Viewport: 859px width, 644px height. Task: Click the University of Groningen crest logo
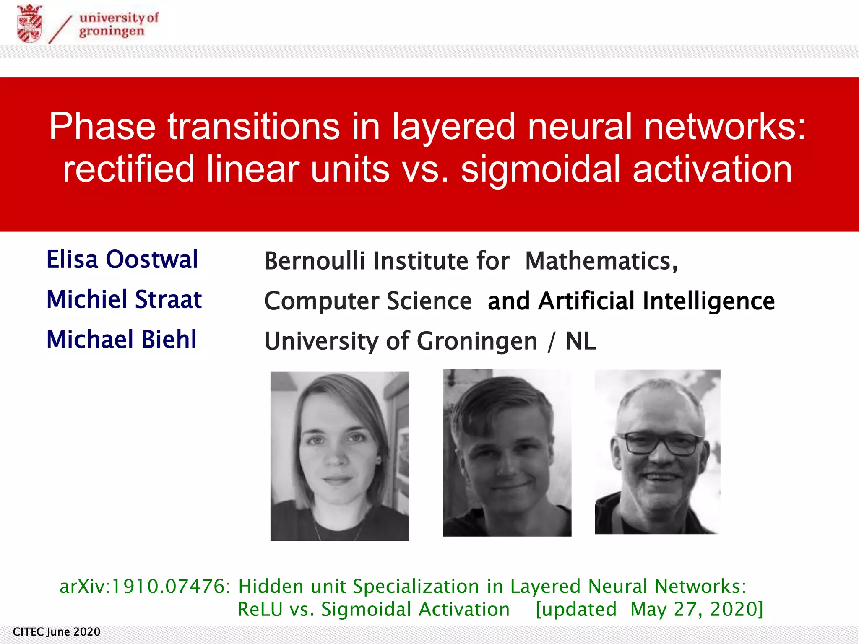click(x=29, y=23)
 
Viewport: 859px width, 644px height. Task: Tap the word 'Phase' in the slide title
click(x=102, y=126)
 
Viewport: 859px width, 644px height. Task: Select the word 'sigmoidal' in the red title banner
click(x=540, y=169)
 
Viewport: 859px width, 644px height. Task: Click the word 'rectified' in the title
click(x=128, y=169)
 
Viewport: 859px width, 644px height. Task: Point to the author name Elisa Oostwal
click(x=122, y=259)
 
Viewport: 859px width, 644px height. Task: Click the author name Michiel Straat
click(x=124, y=299)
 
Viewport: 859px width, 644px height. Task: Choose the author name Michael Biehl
click(x=121, y=339)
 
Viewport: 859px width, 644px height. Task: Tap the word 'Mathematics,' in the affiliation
click(x=601, y=261)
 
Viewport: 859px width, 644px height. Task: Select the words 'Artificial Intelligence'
click(x=656, y=301)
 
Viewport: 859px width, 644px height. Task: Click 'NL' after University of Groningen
click(x=580, y=341)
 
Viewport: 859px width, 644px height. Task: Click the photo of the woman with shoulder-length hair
click(x=339, y=456)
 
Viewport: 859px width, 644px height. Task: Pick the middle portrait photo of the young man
click(x=507, y=453)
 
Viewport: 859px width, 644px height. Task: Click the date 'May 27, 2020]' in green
click(x=696, y=609)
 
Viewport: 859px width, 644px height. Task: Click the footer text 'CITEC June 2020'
click(x=57, y=632)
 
